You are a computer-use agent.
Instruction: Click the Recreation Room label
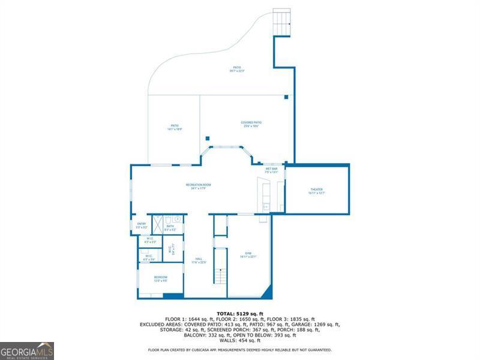click(x=198, y=186)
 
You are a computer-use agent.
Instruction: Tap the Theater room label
click(x=316, y=191)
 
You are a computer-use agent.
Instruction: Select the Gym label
click(x=248, y=255)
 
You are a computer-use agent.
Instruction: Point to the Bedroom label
click(x=160, y=278)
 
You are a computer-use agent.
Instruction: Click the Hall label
click(x=199, y=262)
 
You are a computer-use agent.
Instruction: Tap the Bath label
click(x=170, y=227)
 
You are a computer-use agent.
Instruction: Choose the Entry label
click(x=142, y=226)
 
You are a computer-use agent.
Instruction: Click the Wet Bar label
click(x=271, y=170)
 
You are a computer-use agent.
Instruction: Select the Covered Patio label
click(x=251, y=124)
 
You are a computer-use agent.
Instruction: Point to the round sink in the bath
click(x=178, y=220)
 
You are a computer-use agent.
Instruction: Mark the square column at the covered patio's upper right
click(x=286, y=97)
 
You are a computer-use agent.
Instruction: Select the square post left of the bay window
click(x=207, y=137)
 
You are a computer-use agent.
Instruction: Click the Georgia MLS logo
click(x=27, y=350)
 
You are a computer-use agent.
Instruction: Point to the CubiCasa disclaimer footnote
click(x=239, y=350)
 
